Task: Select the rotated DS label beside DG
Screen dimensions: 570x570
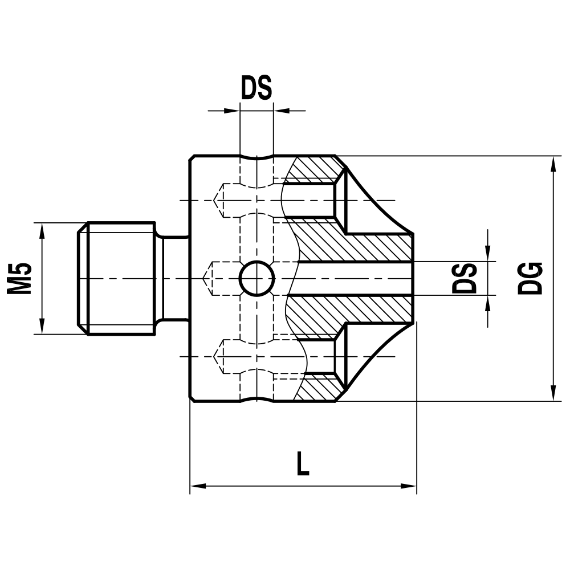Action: tap(465, 278)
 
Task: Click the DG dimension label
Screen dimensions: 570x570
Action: tap(530, 278)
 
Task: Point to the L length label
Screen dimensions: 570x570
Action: tap(303, 463)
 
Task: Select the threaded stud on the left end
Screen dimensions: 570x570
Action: tap(117, 278)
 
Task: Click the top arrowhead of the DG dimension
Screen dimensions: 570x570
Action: tap(552, 164)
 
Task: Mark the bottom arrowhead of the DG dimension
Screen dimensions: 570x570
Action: tap(552, 393)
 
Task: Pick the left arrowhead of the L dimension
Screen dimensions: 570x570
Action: tap(197, 486)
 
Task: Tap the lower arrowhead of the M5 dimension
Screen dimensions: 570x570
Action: tap(42, 326)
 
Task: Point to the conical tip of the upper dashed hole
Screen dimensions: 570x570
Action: tap(217, 201)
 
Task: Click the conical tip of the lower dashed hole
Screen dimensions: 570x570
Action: tap(217, 357)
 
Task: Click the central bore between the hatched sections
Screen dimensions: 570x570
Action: tap(353, 279)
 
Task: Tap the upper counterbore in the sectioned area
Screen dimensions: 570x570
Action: tap(311, 201)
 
